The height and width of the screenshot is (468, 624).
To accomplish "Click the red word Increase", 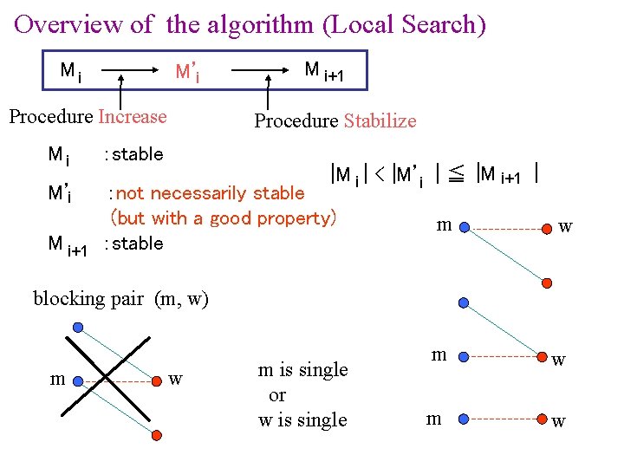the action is click(133, 117).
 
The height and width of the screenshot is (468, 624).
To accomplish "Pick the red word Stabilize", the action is click(380, 121).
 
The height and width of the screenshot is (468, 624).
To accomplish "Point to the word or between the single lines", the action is click(277, 395).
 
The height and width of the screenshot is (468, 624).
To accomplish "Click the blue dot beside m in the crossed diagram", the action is click(78, 379).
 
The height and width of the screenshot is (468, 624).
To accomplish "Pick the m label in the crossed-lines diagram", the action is click(57, 380).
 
